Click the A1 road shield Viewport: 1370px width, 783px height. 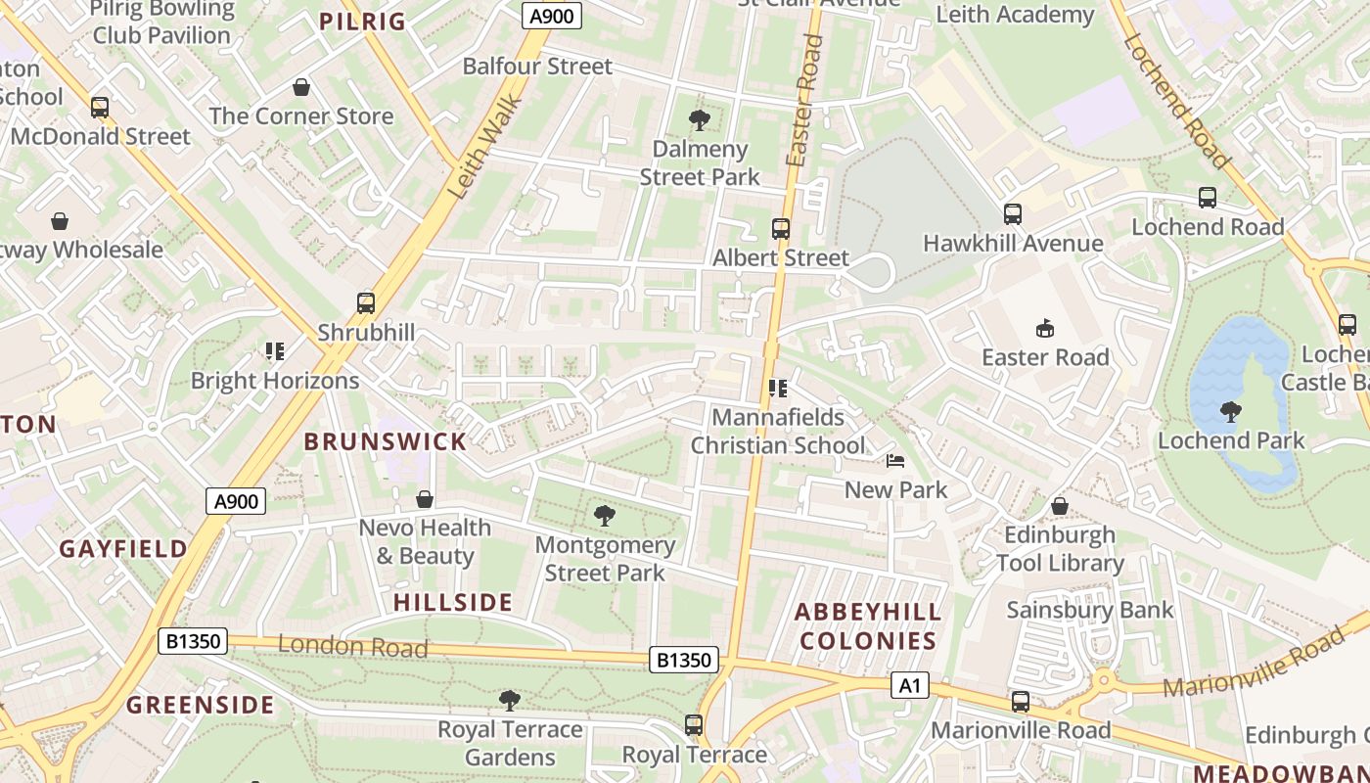click(909, 686)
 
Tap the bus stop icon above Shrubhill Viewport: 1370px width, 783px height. click(366, 303)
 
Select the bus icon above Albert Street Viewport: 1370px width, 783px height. click(780, 229)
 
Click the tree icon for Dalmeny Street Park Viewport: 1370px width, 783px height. click(699, 120)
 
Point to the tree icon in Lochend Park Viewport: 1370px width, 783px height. click(1231, 412)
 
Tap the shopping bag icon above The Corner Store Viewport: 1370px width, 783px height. click(301, 87)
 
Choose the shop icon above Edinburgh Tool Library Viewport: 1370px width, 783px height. click(1059, 506)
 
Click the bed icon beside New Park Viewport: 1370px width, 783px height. click(894, 461)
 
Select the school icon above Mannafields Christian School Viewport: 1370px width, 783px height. click(778, 389)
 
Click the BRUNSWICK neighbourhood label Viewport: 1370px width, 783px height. click(386, 441)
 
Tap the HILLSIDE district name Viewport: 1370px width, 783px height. click(453, 602)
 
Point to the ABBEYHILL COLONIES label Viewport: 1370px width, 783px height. click(868, 626)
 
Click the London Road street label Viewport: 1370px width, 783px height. click(353, 646)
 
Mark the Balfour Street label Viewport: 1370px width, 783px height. click(537, 67)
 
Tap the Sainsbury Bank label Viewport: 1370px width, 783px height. click(1090, 610)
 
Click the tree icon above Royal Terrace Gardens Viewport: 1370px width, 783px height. click(509, 700)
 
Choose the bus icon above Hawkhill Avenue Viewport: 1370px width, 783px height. click(1013, 214)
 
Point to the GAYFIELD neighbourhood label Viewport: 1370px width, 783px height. click(123, 549)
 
